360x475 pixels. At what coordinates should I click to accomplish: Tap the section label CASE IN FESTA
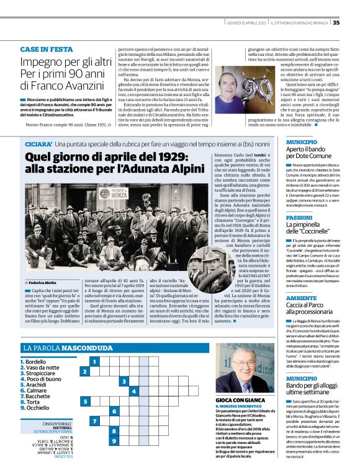47,48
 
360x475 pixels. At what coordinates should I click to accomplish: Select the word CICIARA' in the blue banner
38,144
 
